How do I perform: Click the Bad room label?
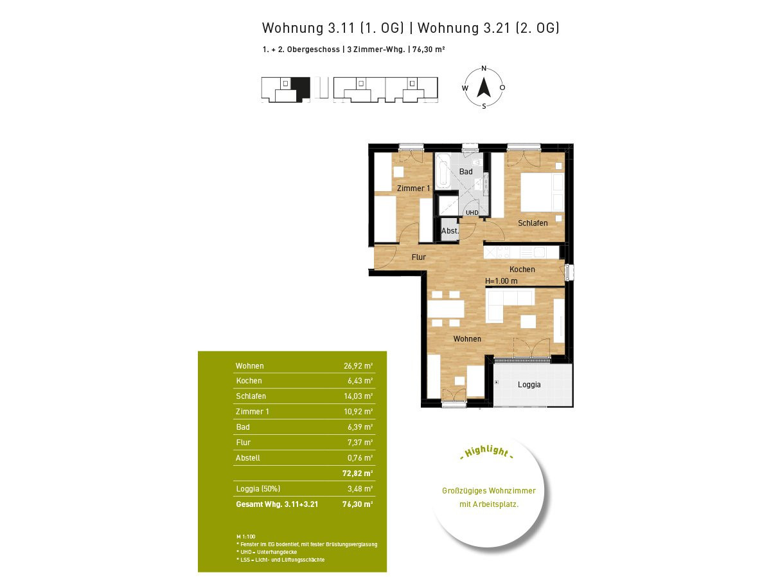pyautogui.click(x=465, y=172)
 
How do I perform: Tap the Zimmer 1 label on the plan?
pyautogui.click(x=413, y=188)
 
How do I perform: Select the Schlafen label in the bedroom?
pyautogui.click(x=533, y=223)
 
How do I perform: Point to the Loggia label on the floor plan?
pyautogui.click(x=529, y=385)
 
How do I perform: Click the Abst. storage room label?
pyautogui.click(x=450, y=231)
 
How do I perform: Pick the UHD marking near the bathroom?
pyautogui.click(x=472, y=213)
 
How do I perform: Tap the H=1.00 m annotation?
pyautogui.click(x=501, y=281)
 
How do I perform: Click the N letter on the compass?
pyautogui.click(x=484, y=68)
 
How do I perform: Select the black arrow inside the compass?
pyautogui.click(x=484, y=87)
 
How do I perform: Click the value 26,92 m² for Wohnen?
pyautogui.click(x=358, y=366)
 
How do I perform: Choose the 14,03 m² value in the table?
pyautogui.click(x=358, y=396)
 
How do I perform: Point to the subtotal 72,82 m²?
pyautogui.click(x=357, y=473)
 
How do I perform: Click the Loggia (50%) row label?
pyautogui.click(x=258, y=489)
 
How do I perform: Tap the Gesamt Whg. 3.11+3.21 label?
pyautogui.click(x=277, y=504)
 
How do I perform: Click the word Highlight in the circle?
pyautogui.click(x=487, y=452)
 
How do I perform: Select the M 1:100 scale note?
pyautogui.click(x=246, y=537)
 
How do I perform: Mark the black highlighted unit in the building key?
pyautogui.click(x=301, y=89)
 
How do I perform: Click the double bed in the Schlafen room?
pyautogui.click(x=542, y=192)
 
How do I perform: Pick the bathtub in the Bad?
pyautogui.click(x=443, y=170)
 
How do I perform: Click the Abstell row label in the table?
pyautogui.click(x=247, y=457)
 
